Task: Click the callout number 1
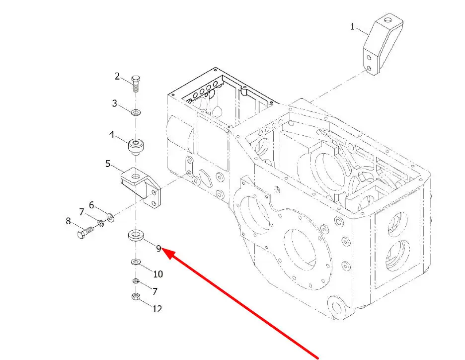(x=353, y=26)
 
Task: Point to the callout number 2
(x=118, y=76)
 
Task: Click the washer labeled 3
(x=136, y=112)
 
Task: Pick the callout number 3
(x=115, y=103)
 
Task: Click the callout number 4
(x=112, y=134)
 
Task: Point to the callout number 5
(x=108, y=163)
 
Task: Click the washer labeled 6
(x=110, y=217)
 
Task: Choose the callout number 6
(x=91, y=204)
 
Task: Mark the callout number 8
(x=69, y=221)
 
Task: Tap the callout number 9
(x=158, y=249)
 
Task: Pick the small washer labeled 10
(x=135, y=262)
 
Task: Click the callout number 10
(x=157, y=274)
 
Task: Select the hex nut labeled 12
(x=135, y=297)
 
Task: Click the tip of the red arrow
(x=165, y=251)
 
